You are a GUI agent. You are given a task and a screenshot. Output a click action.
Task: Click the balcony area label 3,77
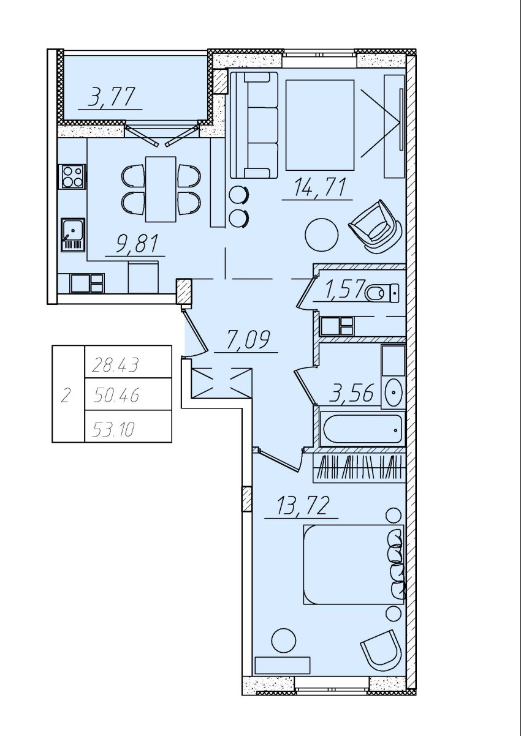112,97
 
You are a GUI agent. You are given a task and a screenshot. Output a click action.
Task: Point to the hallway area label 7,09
248,340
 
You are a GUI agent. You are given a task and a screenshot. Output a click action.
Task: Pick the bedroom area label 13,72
302,506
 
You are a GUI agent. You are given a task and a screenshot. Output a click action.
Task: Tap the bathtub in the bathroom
362,429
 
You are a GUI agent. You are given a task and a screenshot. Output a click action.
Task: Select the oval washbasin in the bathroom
394,392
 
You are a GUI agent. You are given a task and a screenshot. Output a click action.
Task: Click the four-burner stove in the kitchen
72,176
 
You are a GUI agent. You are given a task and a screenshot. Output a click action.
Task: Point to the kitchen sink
73,235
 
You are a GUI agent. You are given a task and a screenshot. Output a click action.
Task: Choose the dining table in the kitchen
161,189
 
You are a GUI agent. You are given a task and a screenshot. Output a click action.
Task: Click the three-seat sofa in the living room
254,125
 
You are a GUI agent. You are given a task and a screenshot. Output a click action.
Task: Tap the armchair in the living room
375,227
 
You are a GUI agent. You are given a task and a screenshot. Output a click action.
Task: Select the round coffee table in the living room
322,235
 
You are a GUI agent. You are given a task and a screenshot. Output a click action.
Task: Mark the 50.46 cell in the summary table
128,394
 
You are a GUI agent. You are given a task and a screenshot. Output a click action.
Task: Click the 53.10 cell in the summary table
128,426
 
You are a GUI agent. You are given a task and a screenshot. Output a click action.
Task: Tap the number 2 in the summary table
66,396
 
